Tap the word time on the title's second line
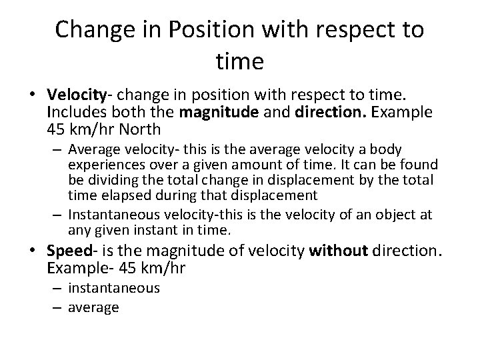[x=240, y=61]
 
